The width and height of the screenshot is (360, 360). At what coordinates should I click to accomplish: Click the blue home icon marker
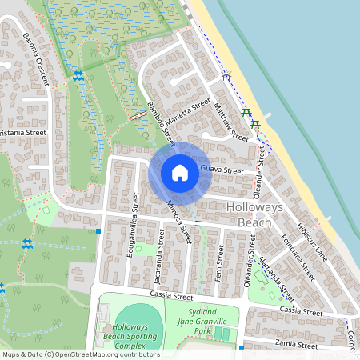[x=180, y=171]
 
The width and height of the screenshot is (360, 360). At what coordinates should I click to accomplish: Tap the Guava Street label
[x=222, y=170]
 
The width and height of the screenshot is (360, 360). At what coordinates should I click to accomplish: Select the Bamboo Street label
[x=160, y=122]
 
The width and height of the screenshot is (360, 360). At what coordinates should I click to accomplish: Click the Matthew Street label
[x=232, y=122]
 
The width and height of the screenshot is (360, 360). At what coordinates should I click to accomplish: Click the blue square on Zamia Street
[x=241, y=347]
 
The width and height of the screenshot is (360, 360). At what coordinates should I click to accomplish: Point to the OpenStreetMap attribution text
[x=81, y=354]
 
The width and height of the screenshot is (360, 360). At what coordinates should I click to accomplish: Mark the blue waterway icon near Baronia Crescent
[x=78, y=76]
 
